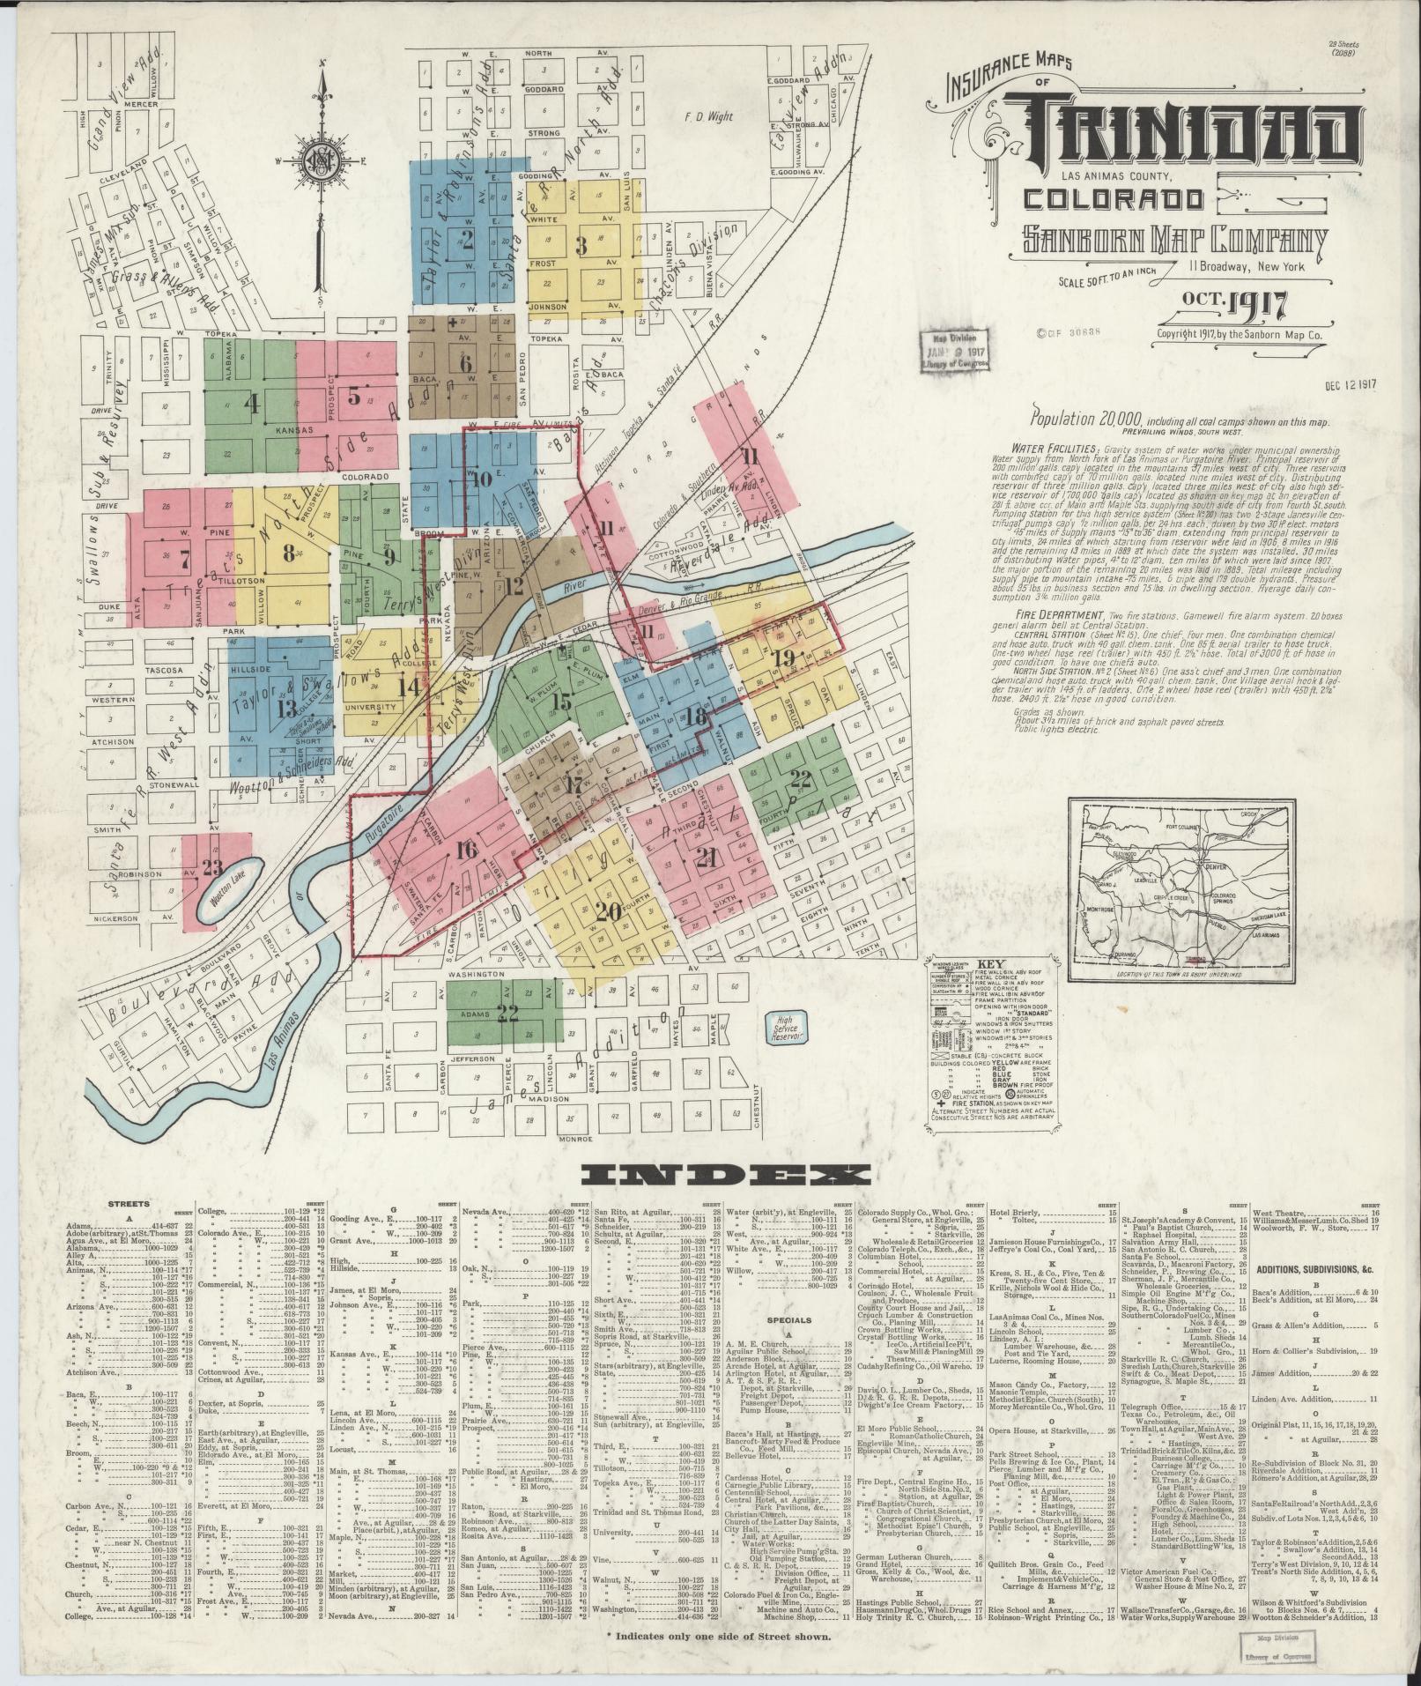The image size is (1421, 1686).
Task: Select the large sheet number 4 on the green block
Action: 253,405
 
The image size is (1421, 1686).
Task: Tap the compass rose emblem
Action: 321,160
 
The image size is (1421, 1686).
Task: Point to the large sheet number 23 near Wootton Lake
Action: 211,866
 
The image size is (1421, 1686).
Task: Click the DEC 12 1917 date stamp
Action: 1350,384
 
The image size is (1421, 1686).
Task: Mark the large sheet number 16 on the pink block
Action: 467,850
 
